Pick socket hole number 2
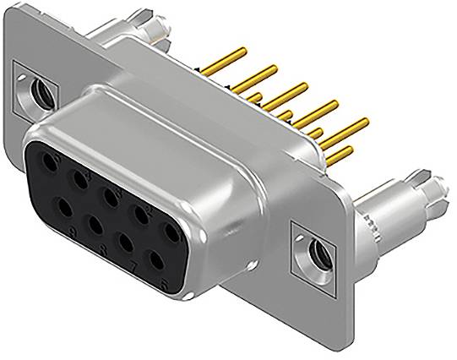click(x=141, y=212)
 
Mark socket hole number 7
click(x=125, y=242)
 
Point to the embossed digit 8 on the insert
click(x=105, y=248)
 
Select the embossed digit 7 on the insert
click(x=135, y=265)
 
